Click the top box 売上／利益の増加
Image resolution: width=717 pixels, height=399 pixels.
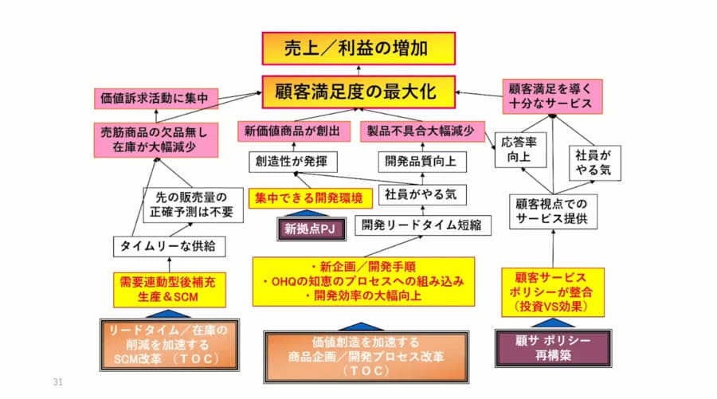[x=358, y=48]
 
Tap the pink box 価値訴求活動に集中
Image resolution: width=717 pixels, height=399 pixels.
[x=154, y=99]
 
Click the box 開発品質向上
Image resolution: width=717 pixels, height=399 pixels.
[x=421, y=162]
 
